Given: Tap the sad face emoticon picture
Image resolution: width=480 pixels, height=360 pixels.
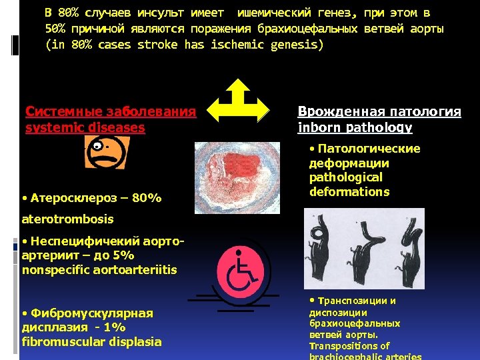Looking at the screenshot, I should tap(103, 152).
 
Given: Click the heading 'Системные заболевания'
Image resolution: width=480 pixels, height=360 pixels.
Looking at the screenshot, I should tap(111, 111).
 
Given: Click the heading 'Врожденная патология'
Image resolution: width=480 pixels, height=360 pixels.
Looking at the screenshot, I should tap(379, 111).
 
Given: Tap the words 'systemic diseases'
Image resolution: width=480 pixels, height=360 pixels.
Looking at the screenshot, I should tap(85, 127).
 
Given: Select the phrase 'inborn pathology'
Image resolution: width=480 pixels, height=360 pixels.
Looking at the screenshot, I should tap(355, 127).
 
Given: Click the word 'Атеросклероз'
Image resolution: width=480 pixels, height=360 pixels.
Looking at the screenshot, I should tap(71, 198).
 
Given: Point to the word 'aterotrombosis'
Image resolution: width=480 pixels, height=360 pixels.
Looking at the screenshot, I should tap(67, 219).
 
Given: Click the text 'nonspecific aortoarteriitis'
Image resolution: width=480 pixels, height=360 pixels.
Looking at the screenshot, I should tap(99, 270).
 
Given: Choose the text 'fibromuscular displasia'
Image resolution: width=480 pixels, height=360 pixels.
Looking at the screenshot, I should tap(91, 341).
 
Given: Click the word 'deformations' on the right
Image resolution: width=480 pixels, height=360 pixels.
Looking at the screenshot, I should tap(349, 192).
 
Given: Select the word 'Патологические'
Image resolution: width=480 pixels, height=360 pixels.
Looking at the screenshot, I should tap(368, 149).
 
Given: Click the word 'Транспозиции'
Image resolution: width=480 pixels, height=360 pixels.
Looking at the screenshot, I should tap(356, 301).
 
